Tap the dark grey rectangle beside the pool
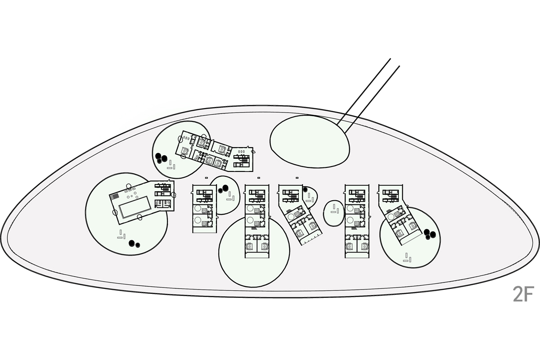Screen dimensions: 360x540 [115, 196]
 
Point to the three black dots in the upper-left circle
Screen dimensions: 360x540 [161, 157]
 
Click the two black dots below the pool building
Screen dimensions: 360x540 [134, 243]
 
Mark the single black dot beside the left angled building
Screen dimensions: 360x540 [306, 190]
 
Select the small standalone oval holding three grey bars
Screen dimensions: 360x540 [334, 212]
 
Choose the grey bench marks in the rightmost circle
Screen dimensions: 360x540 [408, 257]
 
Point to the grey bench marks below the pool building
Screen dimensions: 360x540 [121, 235]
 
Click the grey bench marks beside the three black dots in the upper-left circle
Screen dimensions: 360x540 [171, 167]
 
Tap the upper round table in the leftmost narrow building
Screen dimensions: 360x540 [198, 209]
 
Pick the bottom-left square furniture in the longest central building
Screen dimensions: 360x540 [250, 246]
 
